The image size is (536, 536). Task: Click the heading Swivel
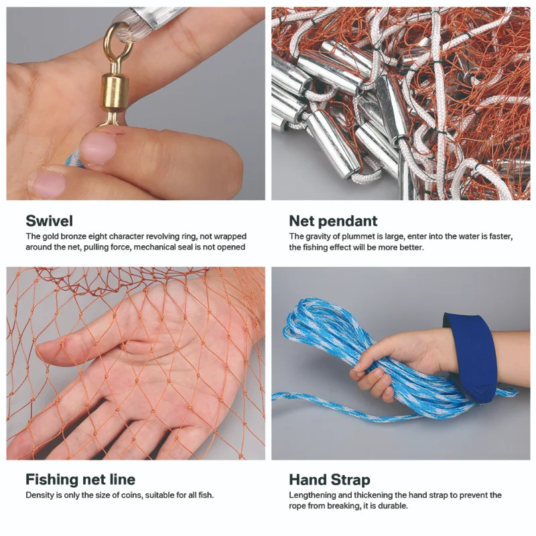pos(49,221)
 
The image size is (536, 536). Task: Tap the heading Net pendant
pos(333,221)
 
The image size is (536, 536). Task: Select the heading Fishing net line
pos(80,479)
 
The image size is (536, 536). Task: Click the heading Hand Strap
pos(330,480)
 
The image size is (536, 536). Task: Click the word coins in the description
pos(130,495)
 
